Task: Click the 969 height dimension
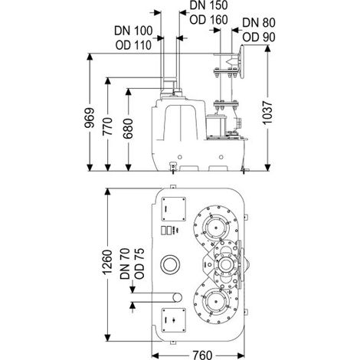(x=90, y=118)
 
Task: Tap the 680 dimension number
(x=128, y=129)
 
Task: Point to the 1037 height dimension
(x=268, y=113)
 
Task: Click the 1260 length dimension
(x=107, y=262)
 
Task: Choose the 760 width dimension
(x=202, y=355)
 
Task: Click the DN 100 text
(x=133, y=31)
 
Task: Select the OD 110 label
(x=133, y=45)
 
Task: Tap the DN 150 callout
(x=208, y=5)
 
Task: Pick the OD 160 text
(x=208, y=20)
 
